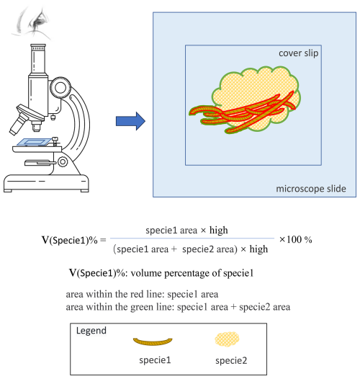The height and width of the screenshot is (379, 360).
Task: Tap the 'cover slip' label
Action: click(299, 55)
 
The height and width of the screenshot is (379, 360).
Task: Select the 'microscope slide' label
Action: click(311, 189)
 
